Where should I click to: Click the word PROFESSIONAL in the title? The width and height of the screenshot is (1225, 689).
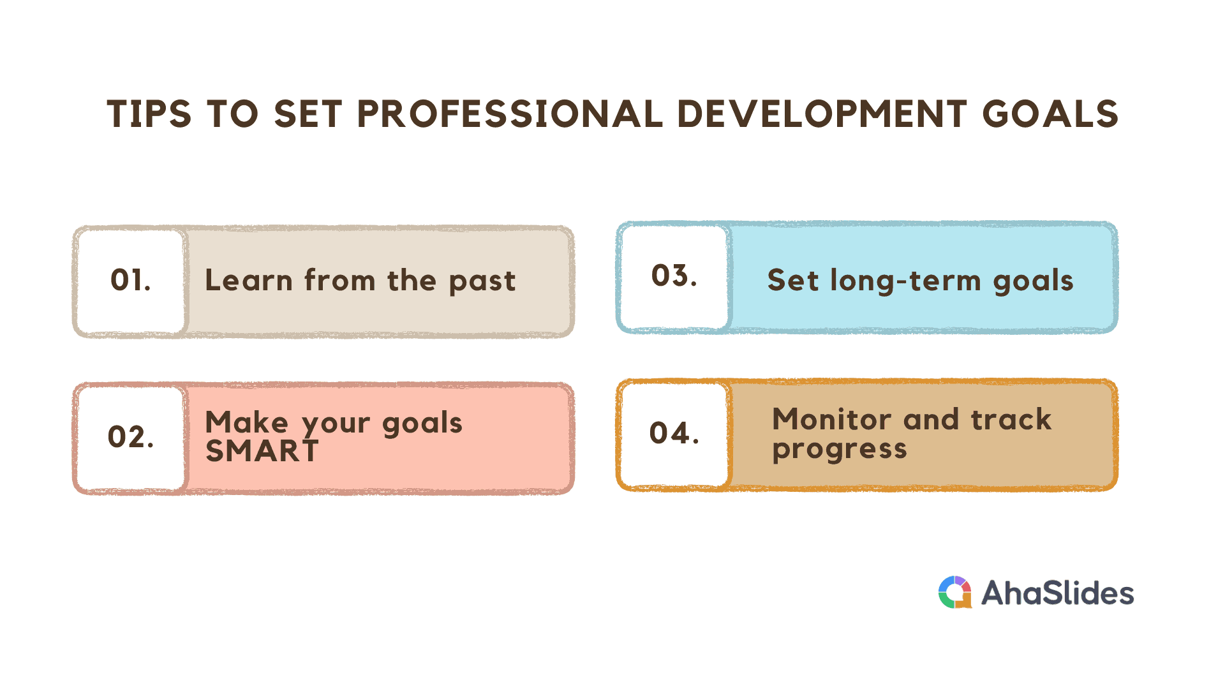pyautogui.click(x=510, y=114)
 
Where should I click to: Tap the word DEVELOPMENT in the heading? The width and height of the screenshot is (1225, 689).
pyautogui.click(x=822, y=114)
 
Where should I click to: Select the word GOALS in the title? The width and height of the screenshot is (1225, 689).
pyautogui.click(x=1050, y=114)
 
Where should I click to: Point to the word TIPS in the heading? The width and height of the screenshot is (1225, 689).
pyautogui.click(x=149, y=114)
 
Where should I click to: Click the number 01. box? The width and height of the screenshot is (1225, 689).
pyautogui.click(x=131, y=281)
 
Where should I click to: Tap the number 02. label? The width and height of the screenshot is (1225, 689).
pyautogui.click(x=131, y=437)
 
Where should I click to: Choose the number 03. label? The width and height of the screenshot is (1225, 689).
pyautogui.click(x=674, y=276)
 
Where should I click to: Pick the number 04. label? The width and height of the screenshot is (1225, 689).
pyautogui.click(x=674, y=433)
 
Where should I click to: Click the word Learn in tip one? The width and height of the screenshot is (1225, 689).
pyautogui.click(x=248, y=280)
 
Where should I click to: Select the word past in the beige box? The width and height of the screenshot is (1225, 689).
pyautogui.click(x=482, y=282)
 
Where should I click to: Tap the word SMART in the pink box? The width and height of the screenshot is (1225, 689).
pyautogui.click(x=262, y=451)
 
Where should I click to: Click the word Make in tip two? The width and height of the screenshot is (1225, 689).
pyautogui.click(x=247, y=422)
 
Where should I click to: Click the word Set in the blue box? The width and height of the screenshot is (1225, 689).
pyautogui.click(x=792, y=280)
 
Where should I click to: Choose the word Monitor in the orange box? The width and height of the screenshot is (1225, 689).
pyautogui.click(x=831, y=419)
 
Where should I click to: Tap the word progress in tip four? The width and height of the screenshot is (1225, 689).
pyautogui.click(x=840, y=450)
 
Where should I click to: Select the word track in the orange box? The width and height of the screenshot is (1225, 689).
pyautogui.click(x=1011, y=419)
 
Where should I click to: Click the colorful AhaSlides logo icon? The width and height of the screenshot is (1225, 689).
pyautogui.click(x=955, y=593)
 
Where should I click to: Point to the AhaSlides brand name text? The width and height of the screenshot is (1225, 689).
pyautogui.click(x=1058, y=593)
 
